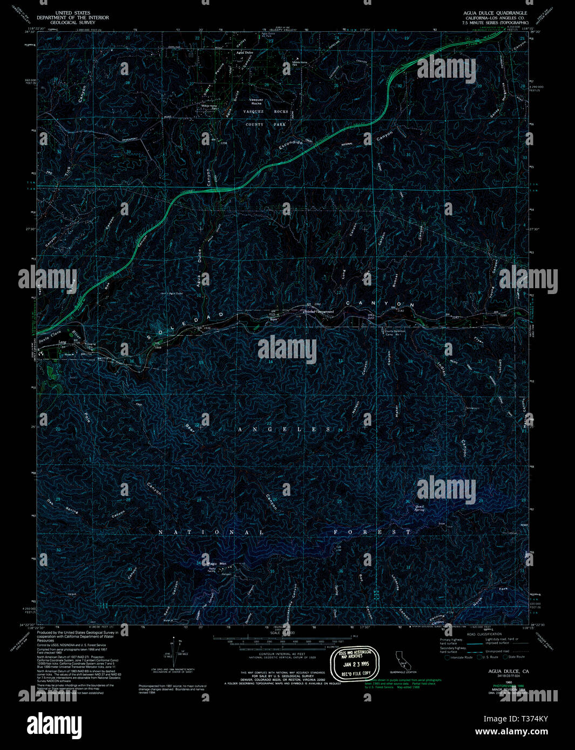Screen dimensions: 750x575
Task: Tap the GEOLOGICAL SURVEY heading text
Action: point(72,23)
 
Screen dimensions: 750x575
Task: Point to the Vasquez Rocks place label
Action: point(256,101)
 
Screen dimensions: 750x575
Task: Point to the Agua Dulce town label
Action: point(245,52)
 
